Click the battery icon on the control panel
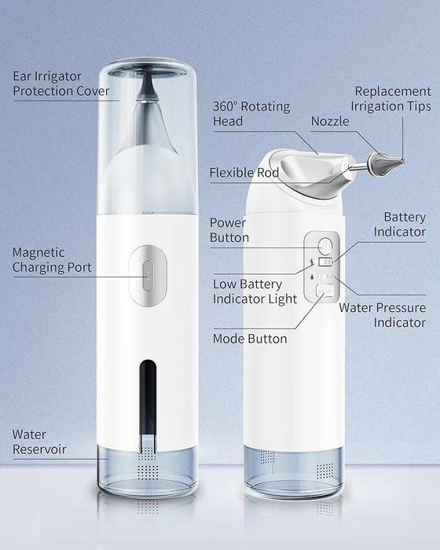pos(325,262)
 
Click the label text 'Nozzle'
pos(331,121)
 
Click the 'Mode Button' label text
pos(250,339)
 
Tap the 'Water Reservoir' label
pos(39,442)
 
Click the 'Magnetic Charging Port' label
pos(52,260)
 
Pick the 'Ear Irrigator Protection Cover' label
pos(62,84)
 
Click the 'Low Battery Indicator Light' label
pos(255,291)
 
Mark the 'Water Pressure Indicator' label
pos(383,315)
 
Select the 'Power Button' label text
pos(229,230)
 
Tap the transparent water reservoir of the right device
pos(293,471)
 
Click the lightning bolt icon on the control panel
pos(313,262)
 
